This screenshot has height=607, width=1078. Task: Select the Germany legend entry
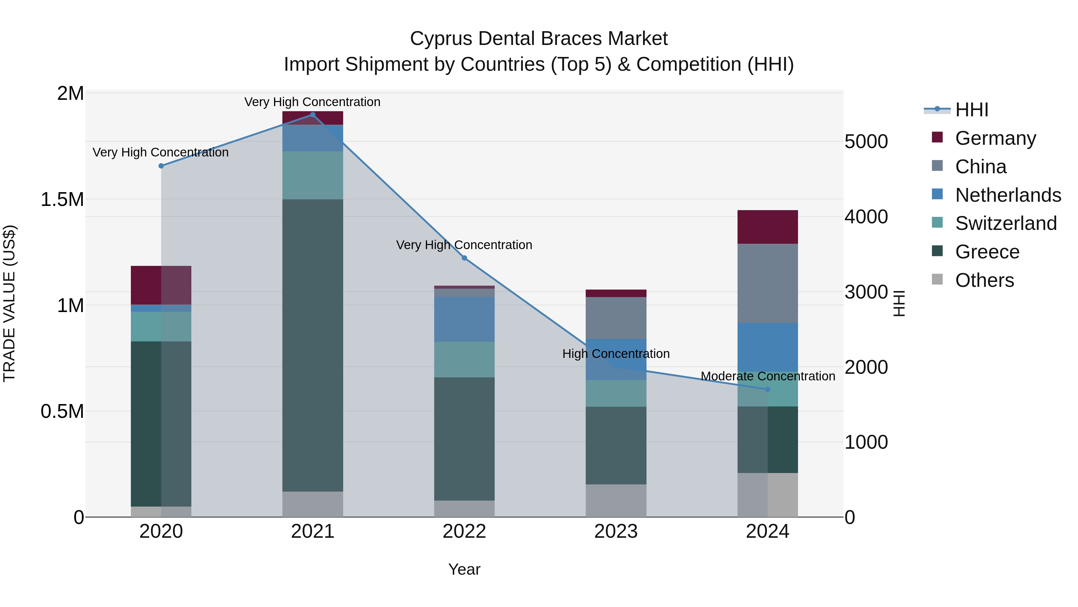(995, 138)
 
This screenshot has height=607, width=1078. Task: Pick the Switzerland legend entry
(1006, 223)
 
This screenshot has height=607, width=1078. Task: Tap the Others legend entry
(984, 280)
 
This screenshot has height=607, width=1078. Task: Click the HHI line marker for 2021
(313, 115)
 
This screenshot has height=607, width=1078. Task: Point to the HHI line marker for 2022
(464, 258)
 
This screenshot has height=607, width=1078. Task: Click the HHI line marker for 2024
(767, 389)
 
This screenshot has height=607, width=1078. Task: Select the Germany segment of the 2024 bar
(767, 227)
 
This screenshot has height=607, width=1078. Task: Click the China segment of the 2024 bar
(767, 283)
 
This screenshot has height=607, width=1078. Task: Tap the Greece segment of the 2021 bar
(313, 345)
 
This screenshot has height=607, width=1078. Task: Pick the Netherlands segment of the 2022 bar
(464, 319)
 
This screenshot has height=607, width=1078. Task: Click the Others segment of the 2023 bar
(616, 501)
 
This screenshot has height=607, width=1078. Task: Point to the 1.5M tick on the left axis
(62, 199)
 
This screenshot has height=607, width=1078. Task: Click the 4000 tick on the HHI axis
(865, 217)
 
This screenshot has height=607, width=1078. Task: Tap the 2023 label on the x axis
(616, 531)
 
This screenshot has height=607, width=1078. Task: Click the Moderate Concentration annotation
(767, 376)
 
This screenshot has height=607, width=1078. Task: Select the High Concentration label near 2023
(616, 354)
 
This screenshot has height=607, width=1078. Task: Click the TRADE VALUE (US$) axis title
(9, 303)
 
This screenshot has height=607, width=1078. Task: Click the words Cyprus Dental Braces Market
(539, 39)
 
